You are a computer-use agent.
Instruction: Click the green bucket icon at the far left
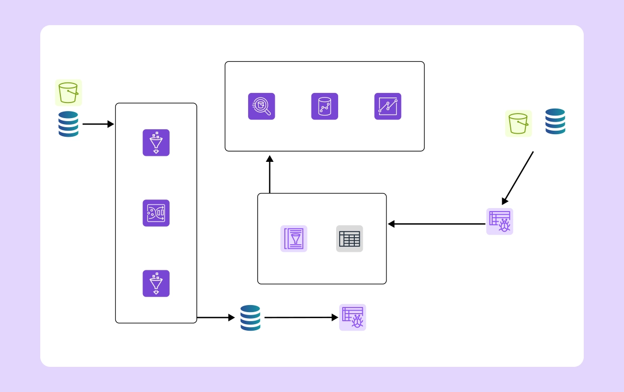pyautogui.click(x=68, y=92)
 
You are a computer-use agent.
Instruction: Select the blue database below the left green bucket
pyautogui.click(x=68, y=124)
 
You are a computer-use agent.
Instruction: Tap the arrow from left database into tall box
pyautogui.click(x=98, y=124)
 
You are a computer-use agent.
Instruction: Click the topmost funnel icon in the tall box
pyautogui.click(x=156, y=143)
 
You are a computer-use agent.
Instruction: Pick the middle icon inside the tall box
pyautogui.click(x=156, y=213)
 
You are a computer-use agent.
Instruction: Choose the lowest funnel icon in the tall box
pyautogui.click(x=156, y=283)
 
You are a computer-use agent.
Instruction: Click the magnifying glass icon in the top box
pyautogui.click(x=262, y=107)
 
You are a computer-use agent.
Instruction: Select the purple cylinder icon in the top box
pyautogui.click(x=325, y=107)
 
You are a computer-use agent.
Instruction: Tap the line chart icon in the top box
pyautogui.click(x=387, y=107)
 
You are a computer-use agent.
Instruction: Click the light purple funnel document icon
pyautogui.click(x=294, y=239)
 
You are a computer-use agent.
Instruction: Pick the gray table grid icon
pyautogui.click(x=349, y=239)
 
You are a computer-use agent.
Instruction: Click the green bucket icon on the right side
pyautogui.click(x=518, y=124)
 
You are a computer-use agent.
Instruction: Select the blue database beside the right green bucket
pyautogui.click(x=555, y=122)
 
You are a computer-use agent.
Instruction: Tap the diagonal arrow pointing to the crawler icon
pyautogui.click(x=518, y=178)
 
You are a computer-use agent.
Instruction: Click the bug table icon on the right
pyautogui.click(x=500, y=222)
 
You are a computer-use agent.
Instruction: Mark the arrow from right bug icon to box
pyautogui.click(x=436, y=224)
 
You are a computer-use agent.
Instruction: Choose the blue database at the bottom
pyautogui.click(x=250, y=318)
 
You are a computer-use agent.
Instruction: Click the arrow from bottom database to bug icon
pyautogui.click(x=301, y=318)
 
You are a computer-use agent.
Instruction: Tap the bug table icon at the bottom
pyautogui.click(x=352, y=318)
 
